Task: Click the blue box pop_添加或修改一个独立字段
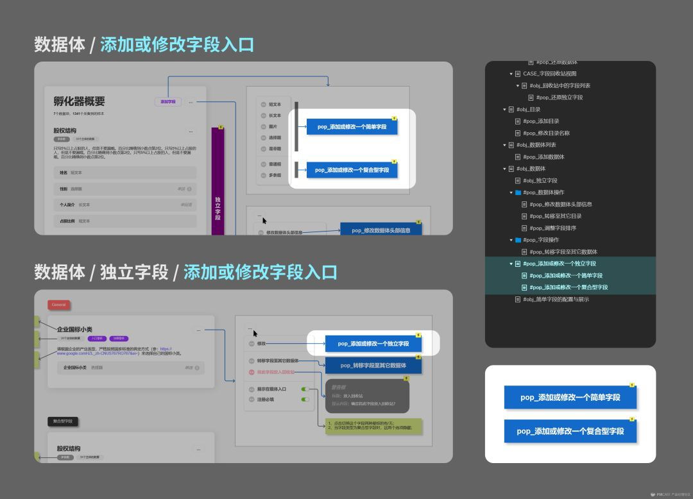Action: [373, 344]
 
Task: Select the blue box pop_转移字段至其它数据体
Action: [373, 365]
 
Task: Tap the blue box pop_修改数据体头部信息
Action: [381, 230]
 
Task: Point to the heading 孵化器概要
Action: [79, 101]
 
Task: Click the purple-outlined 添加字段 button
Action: [168, 101]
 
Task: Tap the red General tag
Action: [59, 305]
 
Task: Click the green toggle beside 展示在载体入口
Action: [305, 389]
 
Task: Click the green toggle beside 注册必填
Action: [305, 399]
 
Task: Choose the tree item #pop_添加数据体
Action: [543, 156]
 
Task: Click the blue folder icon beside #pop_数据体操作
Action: [518, 192]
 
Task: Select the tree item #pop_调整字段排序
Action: [550, 228]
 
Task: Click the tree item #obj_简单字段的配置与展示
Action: [556, 299]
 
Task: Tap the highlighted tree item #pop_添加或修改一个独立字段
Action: [559, 264]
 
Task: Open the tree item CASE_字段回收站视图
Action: [549, 74]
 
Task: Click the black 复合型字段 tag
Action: [63, 421]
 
